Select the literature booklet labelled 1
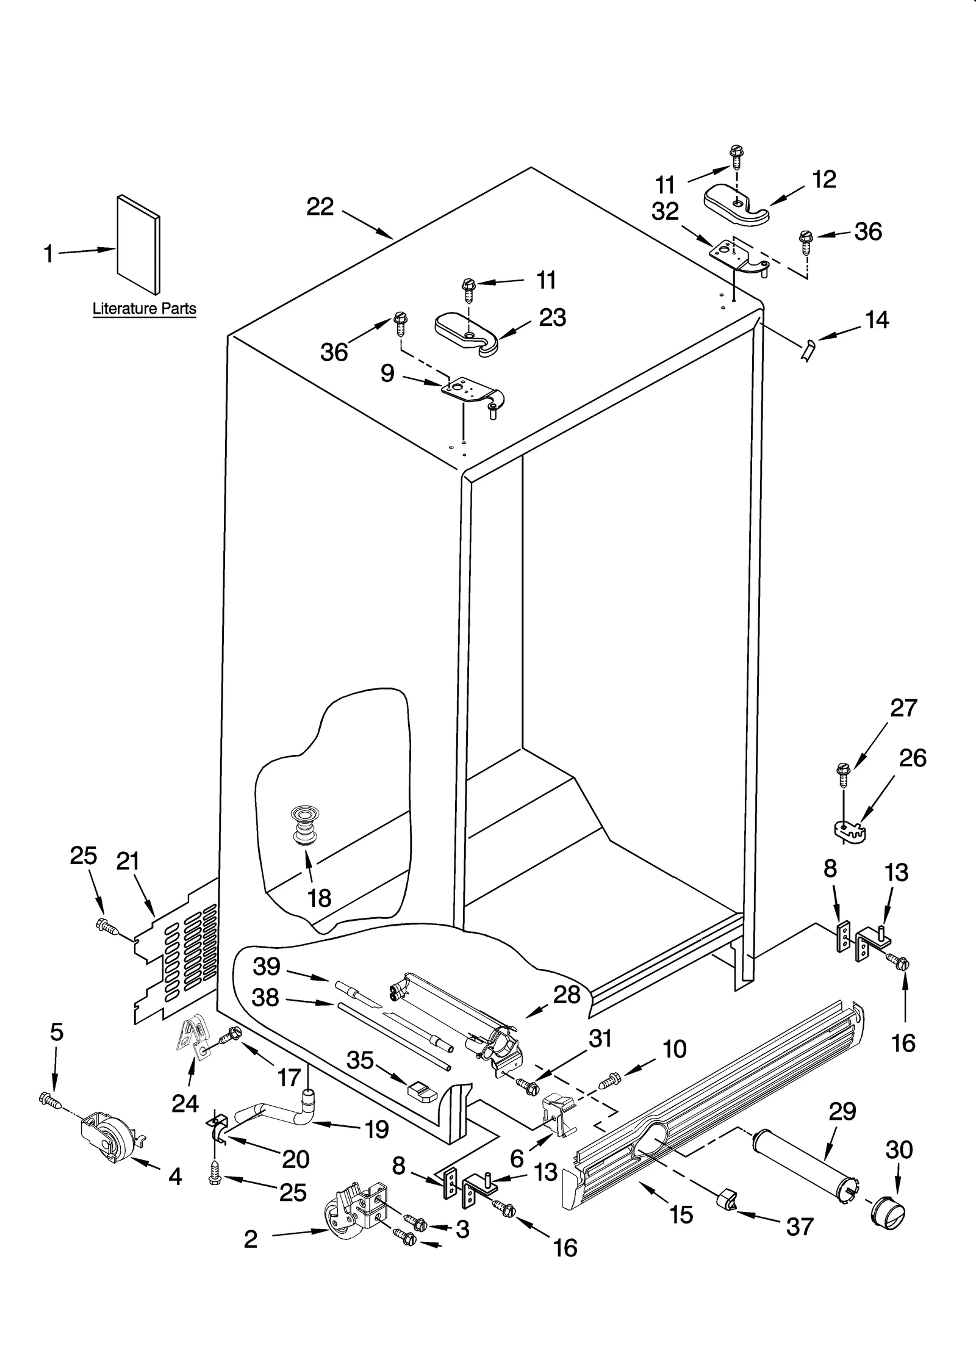point(138,244)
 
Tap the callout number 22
point(320,207)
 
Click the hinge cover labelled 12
point(736,206)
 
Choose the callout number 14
point(877,320)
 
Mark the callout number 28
point(567,995)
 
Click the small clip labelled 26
point(851,831)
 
